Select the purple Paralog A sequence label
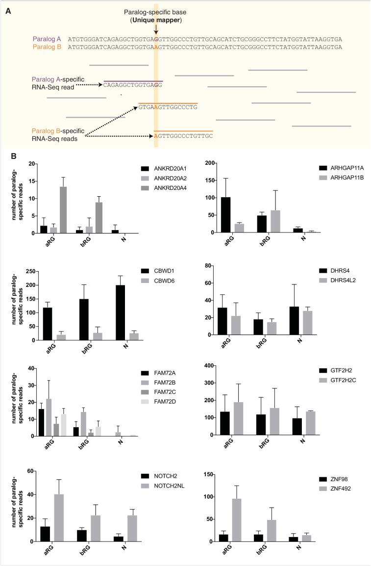pos(48,39)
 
